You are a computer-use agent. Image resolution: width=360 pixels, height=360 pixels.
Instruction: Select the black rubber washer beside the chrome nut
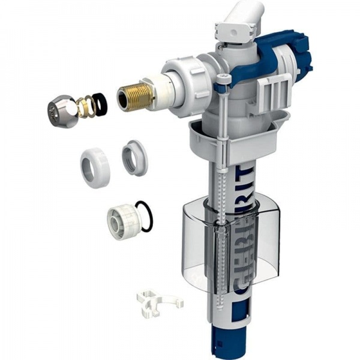click(x=101, y=104)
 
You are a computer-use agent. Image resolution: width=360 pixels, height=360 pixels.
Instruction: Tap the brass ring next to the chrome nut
click(x=87, y=106)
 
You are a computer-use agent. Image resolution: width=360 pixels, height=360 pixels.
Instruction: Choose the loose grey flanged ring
click(x=134, y=157)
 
